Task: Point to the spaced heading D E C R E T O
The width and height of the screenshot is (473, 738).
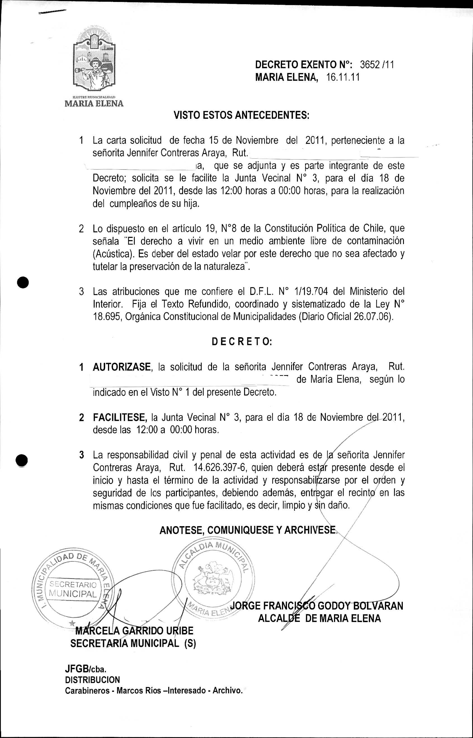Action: [x=241, y=342]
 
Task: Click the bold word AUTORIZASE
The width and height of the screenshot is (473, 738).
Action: [x=122, y=367]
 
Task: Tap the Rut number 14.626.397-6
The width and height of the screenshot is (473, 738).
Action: [x=221, y=468]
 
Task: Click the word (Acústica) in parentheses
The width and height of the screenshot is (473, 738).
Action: [x=113, y=254]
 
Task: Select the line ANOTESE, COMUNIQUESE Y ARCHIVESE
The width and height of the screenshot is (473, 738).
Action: [x=248, y=530]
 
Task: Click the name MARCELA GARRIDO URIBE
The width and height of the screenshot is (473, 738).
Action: [x=134, y=631]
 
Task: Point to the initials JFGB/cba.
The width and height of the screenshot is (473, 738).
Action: [x=86, y=669]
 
